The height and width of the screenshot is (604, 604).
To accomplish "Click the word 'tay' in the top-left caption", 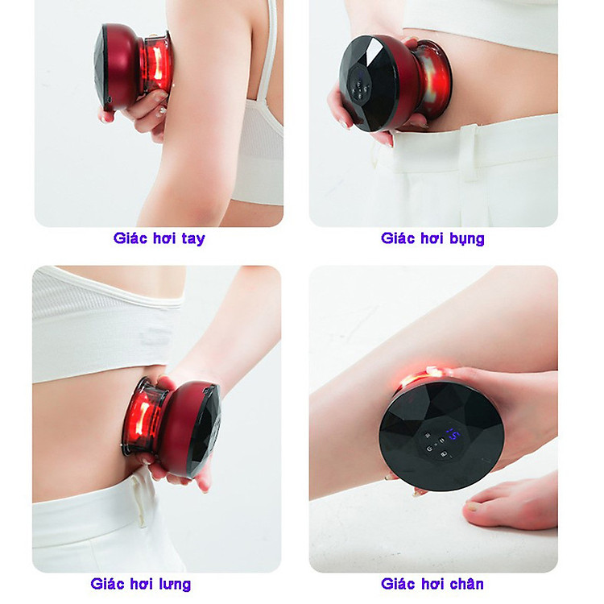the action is tap(193, 238).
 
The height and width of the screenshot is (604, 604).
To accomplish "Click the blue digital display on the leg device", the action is tap(453, 435).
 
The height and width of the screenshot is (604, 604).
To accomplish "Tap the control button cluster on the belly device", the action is tap(361, 89).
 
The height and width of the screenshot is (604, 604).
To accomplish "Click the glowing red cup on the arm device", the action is tap(155, 64).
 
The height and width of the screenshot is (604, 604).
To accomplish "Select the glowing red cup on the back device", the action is tap(142, 416).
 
